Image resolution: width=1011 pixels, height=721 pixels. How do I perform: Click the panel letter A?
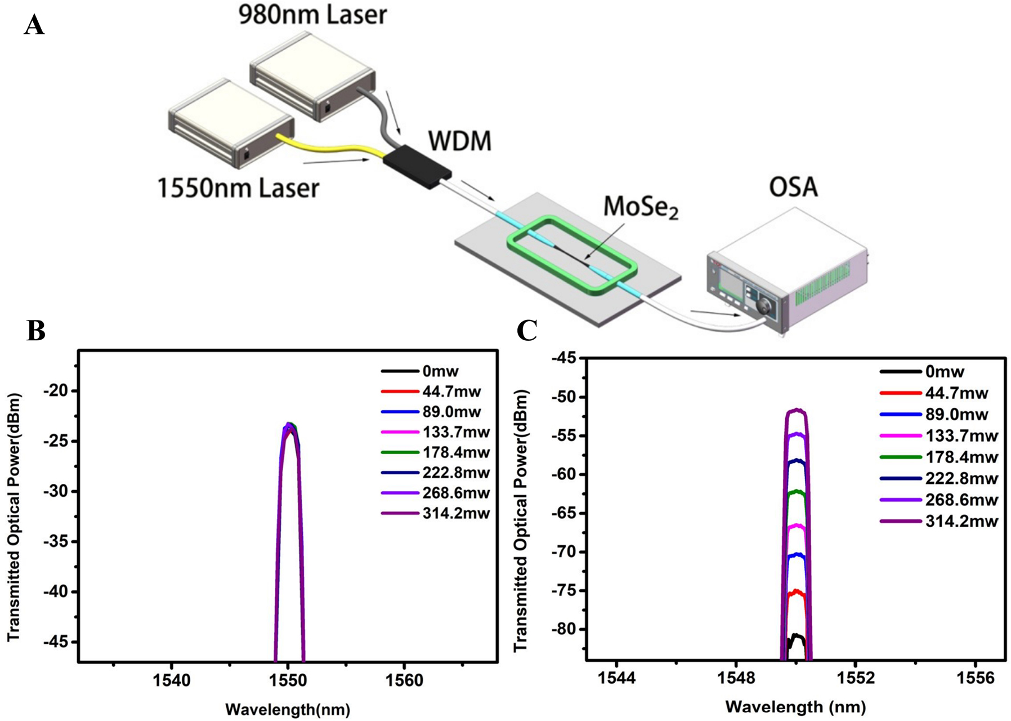point(34,25)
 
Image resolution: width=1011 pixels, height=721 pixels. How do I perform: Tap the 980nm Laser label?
point(312,15)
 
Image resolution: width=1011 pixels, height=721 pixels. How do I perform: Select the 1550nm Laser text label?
point(238,188)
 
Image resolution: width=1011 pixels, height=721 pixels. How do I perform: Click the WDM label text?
point(459,141)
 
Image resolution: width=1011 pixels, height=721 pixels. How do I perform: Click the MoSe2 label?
point(641,207)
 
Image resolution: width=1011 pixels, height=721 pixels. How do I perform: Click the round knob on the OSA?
point(765,306)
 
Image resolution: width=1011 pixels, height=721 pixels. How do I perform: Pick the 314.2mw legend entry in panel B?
point(455,513)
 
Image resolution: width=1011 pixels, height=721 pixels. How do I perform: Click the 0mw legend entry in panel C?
point(945,372)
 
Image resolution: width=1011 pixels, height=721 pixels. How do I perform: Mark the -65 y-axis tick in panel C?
point(565,513)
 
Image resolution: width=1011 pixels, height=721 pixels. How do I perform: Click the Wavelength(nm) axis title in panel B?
point(288,709)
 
